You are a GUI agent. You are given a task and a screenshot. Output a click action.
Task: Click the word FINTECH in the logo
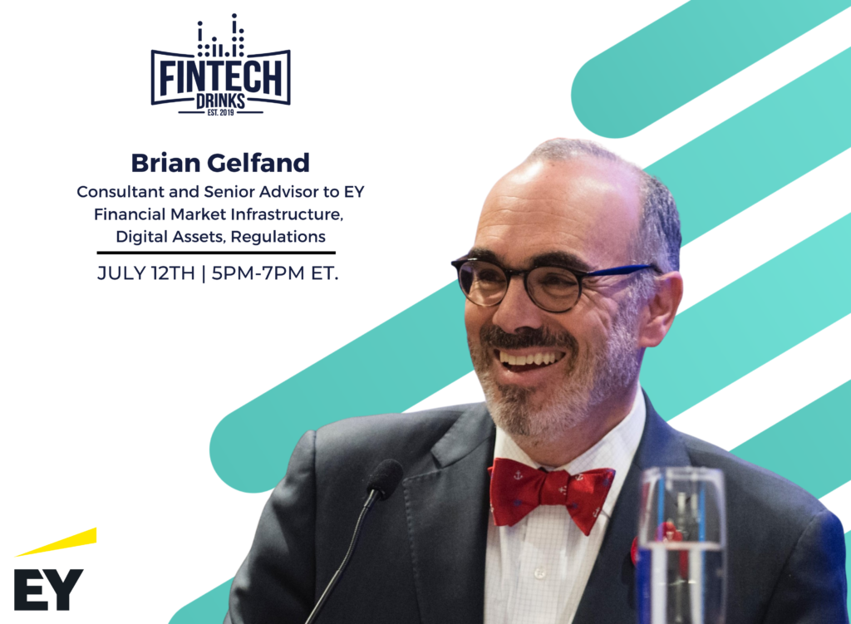pyautogui.click(x=221, y=77)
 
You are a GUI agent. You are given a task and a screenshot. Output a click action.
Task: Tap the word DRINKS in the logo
pyautogui.click(x=220, y=101)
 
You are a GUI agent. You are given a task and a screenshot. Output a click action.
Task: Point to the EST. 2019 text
pyautogui.click(x=220, y=112)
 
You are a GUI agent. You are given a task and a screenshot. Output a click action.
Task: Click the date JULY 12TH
pyautogui.click(x=146, y=273)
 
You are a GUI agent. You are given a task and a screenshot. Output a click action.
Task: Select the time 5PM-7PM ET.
pyautogui.click(x=274, y=273)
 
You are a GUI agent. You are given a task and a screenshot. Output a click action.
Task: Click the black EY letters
pyautogui.click(x=48, y=589)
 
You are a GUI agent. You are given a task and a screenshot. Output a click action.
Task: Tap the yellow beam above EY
pyautogui.click(x=56, y=542)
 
